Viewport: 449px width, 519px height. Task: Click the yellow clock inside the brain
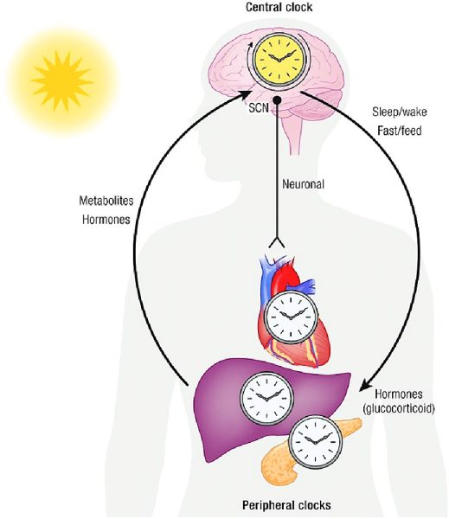pos(279,60)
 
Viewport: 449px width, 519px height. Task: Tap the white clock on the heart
pos(291,317)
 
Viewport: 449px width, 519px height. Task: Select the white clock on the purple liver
pos(266,398)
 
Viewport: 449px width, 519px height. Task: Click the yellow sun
pos(62,81)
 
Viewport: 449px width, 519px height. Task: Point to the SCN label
pos(259,107)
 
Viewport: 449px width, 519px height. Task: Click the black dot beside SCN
pos(277,100)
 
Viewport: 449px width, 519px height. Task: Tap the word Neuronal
pos(303,184)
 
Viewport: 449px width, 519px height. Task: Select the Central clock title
pos(279,7)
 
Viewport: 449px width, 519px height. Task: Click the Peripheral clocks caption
pos(286,505)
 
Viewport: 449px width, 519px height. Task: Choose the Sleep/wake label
pos(400,112)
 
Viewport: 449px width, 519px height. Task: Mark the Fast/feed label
pos(400,131)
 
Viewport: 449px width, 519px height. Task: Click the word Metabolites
pos(106,201)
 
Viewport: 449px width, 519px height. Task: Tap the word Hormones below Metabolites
pos(106,220)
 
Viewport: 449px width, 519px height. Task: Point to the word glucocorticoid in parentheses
pos(399,409)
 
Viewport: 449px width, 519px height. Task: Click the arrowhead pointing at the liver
pos(366,385)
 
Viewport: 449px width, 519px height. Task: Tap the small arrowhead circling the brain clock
pos(250,45)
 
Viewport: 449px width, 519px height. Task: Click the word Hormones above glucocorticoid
pos(399,394)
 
